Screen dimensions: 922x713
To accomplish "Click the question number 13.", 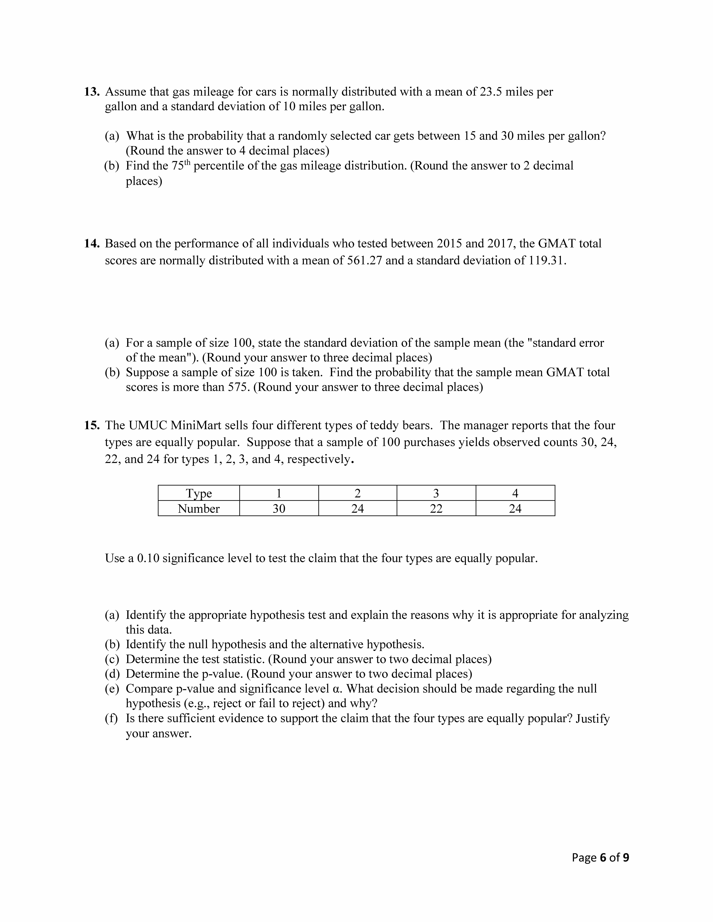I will (x=91, y=92).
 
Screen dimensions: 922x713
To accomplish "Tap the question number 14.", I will (x=91, y=244).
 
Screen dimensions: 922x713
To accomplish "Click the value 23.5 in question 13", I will (x=490, y=92).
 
